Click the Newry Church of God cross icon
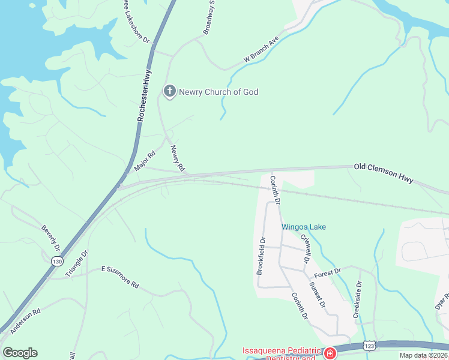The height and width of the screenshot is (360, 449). point(169,92)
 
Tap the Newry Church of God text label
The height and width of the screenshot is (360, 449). point(218,92)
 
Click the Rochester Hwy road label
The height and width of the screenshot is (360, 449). point(144,95)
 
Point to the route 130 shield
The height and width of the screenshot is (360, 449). point(57,261)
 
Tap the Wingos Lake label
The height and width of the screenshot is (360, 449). point(304,227)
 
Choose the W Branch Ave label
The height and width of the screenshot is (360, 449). point(262,52)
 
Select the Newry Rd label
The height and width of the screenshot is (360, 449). point(176,159)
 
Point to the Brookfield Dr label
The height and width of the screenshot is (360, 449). point(261,256)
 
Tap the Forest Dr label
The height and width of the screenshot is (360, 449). point(327,272)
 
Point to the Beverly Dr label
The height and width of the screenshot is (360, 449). point(51,238)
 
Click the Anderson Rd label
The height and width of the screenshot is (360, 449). point(25,320)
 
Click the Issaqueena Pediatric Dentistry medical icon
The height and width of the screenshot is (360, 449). point(329,352)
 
